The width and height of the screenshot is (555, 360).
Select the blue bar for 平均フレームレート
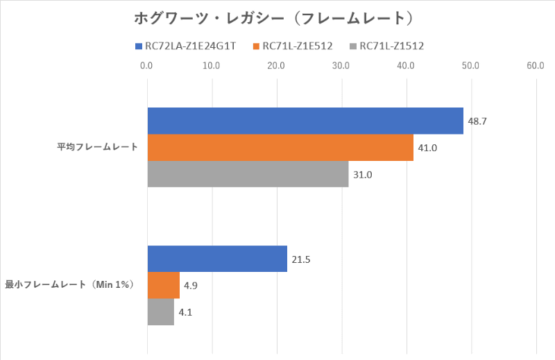305,121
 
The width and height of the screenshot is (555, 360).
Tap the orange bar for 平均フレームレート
280,147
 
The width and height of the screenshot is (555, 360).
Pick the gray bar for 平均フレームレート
248,173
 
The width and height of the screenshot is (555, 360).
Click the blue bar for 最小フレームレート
217,259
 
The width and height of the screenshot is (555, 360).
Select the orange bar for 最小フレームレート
164,285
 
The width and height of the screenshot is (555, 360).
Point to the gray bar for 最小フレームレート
161,311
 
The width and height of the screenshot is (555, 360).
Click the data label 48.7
477,121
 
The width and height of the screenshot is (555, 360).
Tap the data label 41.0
427,148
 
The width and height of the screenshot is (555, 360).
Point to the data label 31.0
363,174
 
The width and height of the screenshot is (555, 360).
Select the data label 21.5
301,259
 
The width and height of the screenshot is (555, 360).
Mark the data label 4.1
185,312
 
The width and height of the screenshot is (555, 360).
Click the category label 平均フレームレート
97,147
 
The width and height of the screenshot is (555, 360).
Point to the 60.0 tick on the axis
535,66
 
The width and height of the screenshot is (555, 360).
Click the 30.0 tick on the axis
341,66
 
